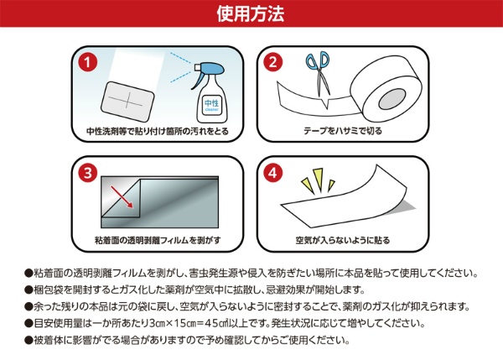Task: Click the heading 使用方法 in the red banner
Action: (x=251, y=14)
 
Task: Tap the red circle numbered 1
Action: (x=87, y=61)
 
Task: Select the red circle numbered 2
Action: (x=272, y=61)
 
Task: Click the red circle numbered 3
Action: (x=87, y=173)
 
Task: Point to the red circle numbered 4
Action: (x=272, y=173)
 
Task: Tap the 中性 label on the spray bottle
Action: (x=211, y=103)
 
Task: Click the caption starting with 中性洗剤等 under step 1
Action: (x=158, y=131)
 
